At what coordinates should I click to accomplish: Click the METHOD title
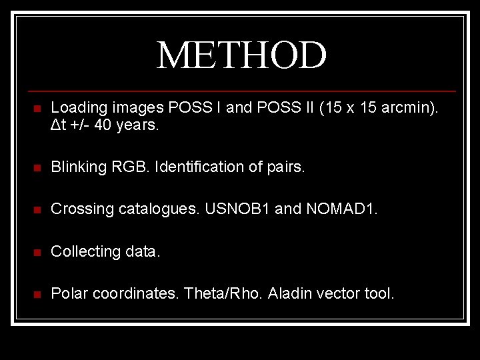[241, 55]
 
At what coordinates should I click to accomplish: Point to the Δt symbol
[58, 125]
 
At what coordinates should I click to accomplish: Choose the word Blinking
[78, 167]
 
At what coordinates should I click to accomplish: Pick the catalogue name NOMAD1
[341, 209]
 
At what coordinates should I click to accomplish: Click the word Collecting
[83, 251]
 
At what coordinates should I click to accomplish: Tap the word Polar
[68, 293]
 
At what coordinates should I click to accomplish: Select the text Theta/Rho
[222, 293]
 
